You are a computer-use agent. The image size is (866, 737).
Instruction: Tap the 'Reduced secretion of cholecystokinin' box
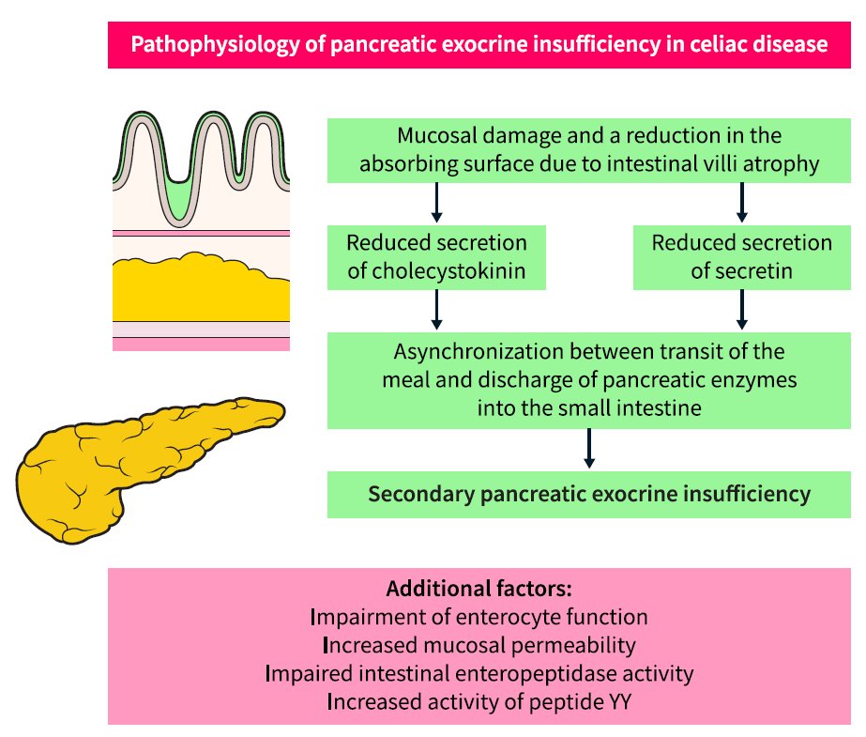click(x=436, y=256)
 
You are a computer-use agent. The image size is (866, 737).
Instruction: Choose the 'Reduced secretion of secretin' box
click(x=741, y=256)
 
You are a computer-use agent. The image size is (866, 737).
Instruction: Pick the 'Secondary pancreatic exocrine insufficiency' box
click(x=588, y=494)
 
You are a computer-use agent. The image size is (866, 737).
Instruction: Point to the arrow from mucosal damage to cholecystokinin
click(x=436, y=202)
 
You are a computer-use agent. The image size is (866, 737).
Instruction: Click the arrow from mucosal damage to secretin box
click(x=742, y=202)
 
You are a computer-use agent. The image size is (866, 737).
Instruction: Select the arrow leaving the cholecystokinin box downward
click(x=436, y=310)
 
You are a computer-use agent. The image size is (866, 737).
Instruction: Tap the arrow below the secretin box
click(x=742, y=310)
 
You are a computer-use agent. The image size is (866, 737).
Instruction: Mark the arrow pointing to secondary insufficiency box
click(x=588, y=449)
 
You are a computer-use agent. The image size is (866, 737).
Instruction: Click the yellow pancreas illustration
click(x=141, y=465)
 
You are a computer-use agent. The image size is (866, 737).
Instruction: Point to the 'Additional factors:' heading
click(x=479, y=591)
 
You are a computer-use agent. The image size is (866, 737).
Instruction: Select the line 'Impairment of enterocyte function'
click(x=479, y=618)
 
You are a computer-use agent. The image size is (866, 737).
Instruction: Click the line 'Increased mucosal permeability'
click(x=479, y=645)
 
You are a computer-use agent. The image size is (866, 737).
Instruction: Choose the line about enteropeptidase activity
click(x=479, y=673)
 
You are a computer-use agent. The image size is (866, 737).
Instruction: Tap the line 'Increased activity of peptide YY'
click(x=479, y=700)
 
